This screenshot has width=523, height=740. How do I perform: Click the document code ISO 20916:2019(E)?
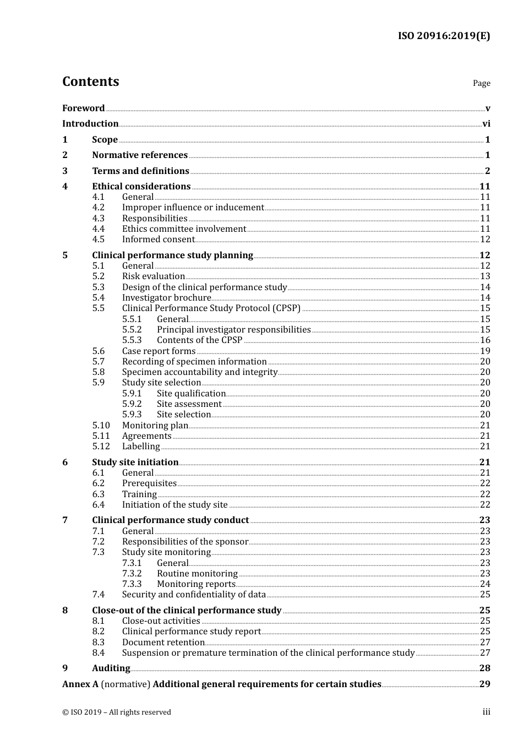click(444, 36)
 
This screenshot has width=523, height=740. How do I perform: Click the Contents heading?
click(90, 81)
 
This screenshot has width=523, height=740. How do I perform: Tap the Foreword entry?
click(83, 108)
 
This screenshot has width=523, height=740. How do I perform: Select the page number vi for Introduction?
click(486, 124)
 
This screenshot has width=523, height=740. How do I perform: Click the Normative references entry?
click(140, 155)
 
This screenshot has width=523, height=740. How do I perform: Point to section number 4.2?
click(99, 208)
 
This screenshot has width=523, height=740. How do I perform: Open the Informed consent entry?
click(159, 240)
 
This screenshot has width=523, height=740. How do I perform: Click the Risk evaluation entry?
click(154, 276)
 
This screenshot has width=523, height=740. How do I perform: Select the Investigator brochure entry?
click(166, 298)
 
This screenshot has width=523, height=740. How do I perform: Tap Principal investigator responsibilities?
click(234, 330)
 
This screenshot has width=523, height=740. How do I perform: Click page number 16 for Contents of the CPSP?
click(485, 340)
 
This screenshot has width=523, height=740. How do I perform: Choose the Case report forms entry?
click(159, 351)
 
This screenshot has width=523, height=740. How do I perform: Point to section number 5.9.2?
click(132, 404)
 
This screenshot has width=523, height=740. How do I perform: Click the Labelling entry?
click(141, 447)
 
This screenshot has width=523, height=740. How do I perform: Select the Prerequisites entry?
click(149, 483)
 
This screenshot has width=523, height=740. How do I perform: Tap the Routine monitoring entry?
click(197, 574)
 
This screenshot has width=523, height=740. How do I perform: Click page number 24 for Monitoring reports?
click(485, 584)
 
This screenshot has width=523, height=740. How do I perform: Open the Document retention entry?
click(164, 643)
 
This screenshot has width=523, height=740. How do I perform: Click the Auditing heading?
click(111, 668)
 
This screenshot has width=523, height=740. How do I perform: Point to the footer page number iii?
click(486, 712)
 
